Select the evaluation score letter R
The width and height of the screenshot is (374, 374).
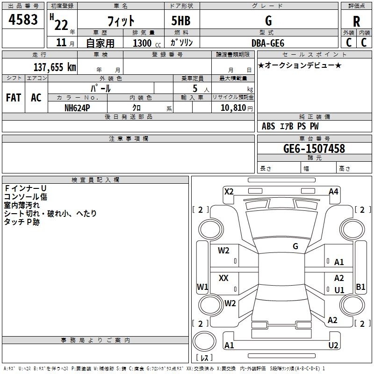[x=356, y=22]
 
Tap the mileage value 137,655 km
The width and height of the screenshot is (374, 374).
[x=55, y=67]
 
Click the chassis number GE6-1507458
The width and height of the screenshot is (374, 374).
[x=314, y=149]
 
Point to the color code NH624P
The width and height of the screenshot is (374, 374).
[x=78, y=108]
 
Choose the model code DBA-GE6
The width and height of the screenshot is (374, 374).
[x=268, y=43]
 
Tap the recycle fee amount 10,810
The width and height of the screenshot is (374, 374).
[x=233, y=108]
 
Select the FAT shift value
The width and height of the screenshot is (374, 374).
[x=13, y=97]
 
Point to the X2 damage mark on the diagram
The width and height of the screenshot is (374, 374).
[x=229, y=191]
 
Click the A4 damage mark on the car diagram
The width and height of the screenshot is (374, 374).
[x=333, y=191]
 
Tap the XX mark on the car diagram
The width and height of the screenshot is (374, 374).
[x=223, y=278]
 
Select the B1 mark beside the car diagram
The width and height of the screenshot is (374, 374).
[x=360, y=287]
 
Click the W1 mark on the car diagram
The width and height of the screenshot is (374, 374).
[x=202, y=287]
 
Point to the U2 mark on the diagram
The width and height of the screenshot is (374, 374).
[x=333, y=345]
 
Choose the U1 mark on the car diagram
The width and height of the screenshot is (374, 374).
[x=339, y=290]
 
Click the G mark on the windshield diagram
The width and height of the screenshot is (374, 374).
[x=295, y=246]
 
